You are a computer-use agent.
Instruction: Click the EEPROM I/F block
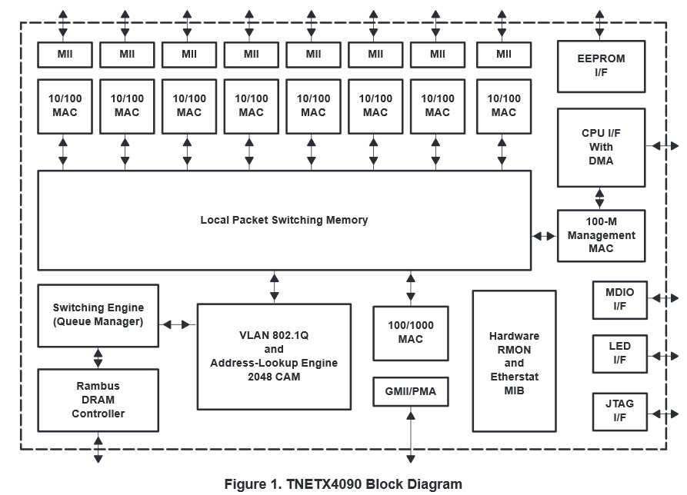(601, 66)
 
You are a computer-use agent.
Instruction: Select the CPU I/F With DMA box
(601, 147)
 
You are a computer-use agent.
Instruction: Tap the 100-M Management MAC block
(601, 235)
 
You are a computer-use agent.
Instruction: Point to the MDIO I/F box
(619, 300)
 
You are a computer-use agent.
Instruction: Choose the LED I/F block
(619, 353)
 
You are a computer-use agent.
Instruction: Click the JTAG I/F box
(619, 411)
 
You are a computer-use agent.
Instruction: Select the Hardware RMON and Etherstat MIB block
(514, 361)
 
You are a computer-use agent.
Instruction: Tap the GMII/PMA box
(410, 392)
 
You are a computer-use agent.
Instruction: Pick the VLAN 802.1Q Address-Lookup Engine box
(274, 357)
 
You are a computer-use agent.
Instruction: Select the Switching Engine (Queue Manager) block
(98, 315)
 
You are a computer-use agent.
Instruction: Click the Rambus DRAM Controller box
(98, 400)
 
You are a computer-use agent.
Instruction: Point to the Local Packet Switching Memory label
(284, 220)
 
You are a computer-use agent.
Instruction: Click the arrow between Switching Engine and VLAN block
(178, 324)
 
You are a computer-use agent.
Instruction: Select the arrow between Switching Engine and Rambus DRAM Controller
(98, 357)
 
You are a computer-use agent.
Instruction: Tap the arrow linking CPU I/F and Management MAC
(600, 198)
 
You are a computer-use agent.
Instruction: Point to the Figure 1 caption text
(343, 484)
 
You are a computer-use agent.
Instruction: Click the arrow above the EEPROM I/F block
(600, 23)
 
